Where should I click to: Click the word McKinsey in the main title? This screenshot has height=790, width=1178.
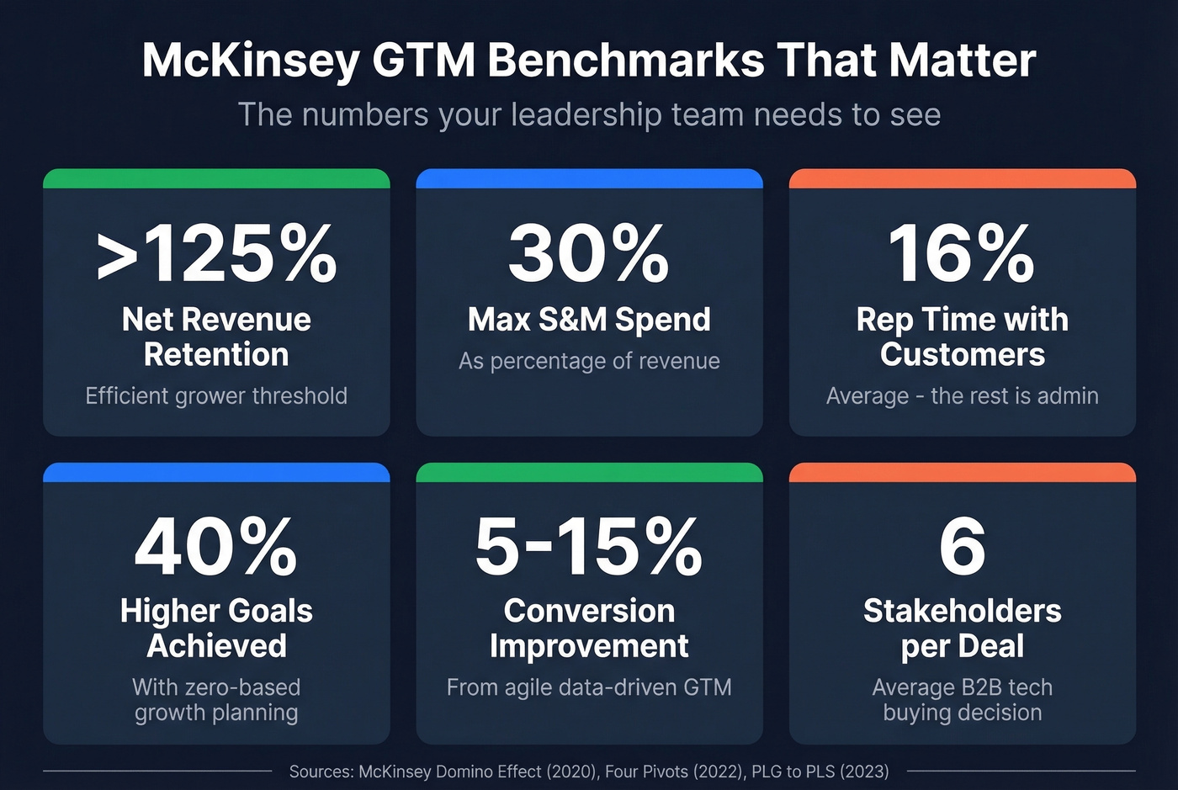coord(250,61)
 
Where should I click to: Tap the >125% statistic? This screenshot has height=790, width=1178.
coord(216,253)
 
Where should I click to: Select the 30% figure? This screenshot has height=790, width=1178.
coord(589,253)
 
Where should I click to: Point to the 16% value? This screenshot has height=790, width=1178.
coord(962,253)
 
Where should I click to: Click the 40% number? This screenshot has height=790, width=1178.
coord(216,546)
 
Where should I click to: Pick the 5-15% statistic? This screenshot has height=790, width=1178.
coord(589,546)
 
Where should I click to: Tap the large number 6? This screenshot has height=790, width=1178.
coord(962,546)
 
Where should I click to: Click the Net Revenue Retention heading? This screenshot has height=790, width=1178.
coord(216,337)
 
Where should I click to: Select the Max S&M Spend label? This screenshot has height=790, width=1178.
coord(589,320)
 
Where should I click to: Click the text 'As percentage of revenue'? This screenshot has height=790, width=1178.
coord(589,361)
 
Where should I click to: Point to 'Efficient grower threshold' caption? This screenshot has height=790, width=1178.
coord(216,395)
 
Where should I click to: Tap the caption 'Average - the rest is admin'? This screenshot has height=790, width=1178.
coord(962,395)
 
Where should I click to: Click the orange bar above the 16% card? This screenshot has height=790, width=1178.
coord(962,178)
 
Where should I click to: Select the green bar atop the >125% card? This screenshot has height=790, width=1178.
coord(216,178)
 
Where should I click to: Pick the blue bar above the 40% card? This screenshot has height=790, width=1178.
coord(216,472)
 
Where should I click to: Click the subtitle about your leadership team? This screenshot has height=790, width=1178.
coord(589,114)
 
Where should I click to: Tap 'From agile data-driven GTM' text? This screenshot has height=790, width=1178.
coord(589,687)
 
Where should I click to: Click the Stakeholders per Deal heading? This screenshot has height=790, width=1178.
coord(962,628)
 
